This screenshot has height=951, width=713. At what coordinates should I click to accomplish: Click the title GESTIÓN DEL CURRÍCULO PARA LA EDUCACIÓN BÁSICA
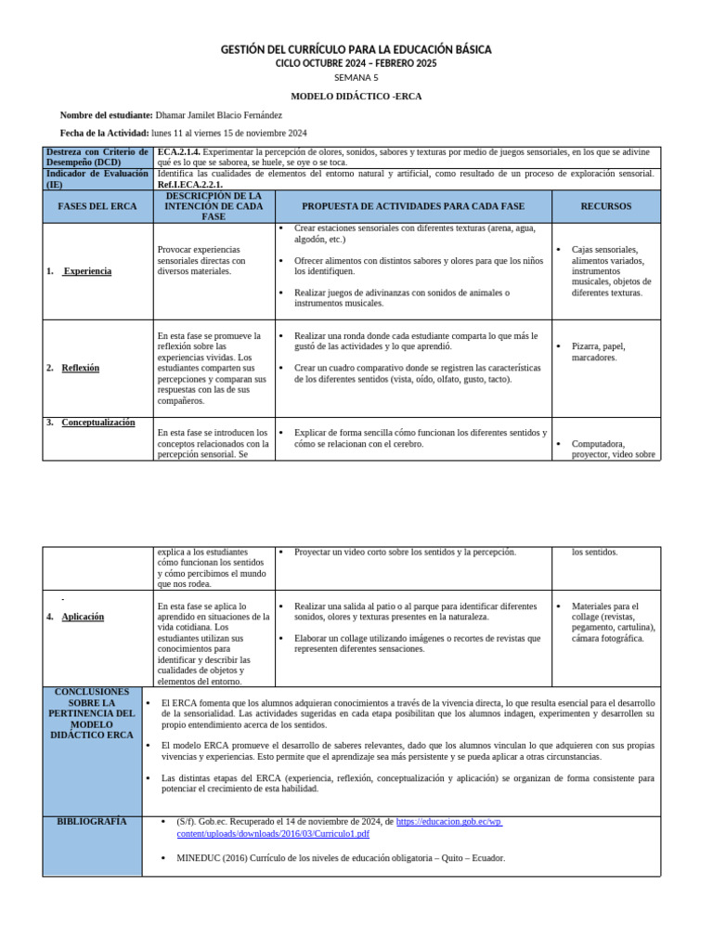point(356,49)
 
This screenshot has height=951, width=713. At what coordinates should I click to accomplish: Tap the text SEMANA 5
point(356,78)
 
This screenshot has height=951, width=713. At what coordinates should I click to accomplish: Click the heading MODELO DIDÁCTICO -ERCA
point(356,96)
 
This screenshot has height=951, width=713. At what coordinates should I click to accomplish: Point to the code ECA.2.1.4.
point(178,151)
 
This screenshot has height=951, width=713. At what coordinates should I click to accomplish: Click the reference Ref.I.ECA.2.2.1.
point(190,184)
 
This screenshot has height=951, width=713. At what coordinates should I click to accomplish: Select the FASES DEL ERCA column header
point(97,206)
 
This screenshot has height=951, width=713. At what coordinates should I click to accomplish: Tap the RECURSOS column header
point(605,206)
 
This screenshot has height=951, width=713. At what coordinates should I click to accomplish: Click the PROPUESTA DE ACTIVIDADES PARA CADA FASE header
point(413,206)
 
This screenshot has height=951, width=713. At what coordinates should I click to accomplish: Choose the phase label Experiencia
point(87,271)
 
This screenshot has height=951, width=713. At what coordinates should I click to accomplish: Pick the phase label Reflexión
point(81,368)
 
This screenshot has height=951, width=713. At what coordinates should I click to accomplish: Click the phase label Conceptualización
point(98,423)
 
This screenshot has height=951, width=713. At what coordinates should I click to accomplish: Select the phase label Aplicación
point(83,617)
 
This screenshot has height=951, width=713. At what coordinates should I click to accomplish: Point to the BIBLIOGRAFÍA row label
point(92,822)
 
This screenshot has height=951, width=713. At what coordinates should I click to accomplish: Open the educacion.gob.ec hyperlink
point(448,822)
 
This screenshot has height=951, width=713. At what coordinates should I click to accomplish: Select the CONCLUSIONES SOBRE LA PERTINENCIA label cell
point(92,713)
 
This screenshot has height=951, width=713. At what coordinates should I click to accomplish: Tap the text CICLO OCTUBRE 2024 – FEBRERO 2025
point(356,63)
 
